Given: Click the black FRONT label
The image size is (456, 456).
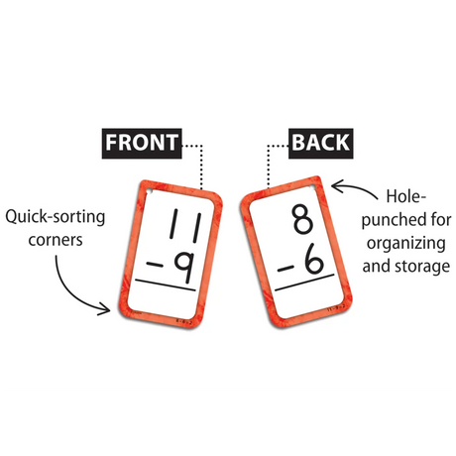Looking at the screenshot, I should coord(144,142).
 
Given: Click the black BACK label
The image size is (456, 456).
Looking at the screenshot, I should coord(320,142).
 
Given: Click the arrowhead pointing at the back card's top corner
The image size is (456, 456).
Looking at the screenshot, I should coord(336,184).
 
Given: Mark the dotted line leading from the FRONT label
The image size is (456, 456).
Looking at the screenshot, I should coord(201,164).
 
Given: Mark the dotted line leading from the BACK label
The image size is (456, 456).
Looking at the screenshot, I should coord(270,164).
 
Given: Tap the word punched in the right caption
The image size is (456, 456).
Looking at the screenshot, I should coord(378,219).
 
